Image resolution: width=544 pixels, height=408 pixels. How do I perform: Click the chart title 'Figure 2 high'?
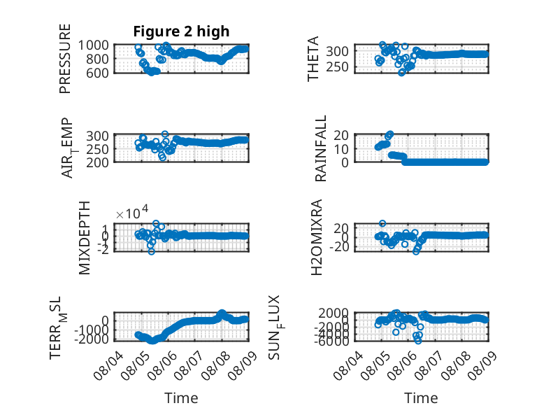pyautogui.click(x=181, y=31)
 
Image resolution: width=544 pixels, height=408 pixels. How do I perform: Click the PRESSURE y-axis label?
pyautogui.click(x=65, y=59)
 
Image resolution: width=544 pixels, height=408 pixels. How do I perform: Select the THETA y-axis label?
pyautogui.click(x=313, y=59)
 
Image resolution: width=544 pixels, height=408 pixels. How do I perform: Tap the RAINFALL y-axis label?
pyautogui.click(x=320, y=148)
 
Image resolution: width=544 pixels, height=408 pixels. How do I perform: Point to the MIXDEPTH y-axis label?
pyautogui.click(x=85, y=238)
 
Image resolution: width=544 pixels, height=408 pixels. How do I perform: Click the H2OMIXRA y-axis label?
pyautogui.click(x=317, y=237)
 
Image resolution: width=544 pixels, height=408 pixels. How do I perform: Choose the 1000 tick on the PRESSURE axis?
pyautogui.click(x=93, y=45)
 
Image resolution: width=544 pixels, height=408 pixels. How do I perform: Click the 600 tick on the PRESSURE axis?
pyautogui.click(x=97, y=73)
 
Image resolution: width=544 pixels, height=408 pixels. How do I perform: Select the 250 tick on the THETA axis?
pyautogui.click(x=337, y=66)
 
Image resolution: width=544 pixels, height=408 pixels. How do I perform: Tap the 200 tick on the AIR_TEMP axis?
pyautogui.click(x=97, y=162)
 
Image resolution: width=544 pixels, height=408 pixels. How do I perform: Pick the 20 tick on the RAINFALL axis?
pyautogui.click(x=341, y=135)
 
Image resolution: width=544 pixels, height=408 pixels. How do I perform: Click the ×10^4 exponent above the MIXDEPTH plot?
pyautogui.click(x=132, y=212)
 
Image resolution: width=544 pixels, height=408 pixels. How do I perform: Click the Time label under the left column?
pyautogui.click(x=181, y=398)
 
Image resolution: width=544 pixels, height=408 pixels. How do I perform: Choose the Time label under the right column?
pyautogui.click(x=421, y=398)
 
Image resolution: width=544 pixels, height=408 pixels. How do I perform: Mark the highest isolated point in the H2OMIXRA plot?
pyautogui.click(x=382, y=223)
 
